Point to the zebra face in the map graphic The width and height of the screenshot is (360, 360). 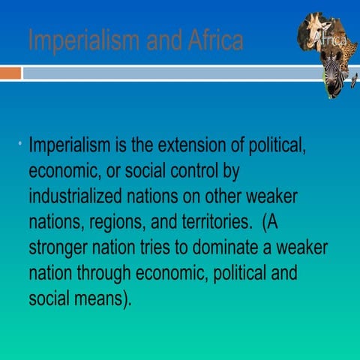(332, 75)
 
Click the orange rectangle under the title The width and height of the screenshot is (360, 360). (10, 73)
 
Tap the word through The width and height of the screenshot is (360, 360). (105, 273)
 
